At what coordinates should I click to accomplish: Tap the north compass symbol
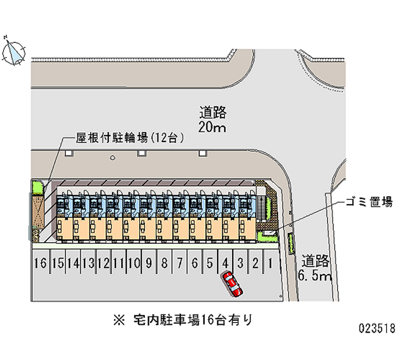coord(13,51)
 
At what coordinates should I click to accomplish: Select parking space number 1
coord(270,262)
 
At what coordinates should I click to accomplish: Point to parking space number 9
coord(148,262)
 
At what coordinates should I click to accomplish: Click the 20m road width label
coord(212,127)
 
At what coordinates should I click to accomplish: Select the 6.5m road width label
coord(314,275)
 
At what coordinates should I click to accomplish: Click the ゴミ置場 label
coord(368,202)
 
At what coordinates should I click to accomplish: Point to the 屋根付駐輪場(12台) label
coord(130,137)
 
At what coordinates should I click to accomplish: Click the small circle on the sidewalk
coord(112,158)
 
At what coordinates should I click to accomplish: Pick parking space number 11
coord(118,262)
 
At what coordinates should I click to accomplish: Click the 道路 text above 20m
coord(213,112)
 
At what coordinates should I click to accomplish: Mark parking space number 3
coord(241,262)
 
